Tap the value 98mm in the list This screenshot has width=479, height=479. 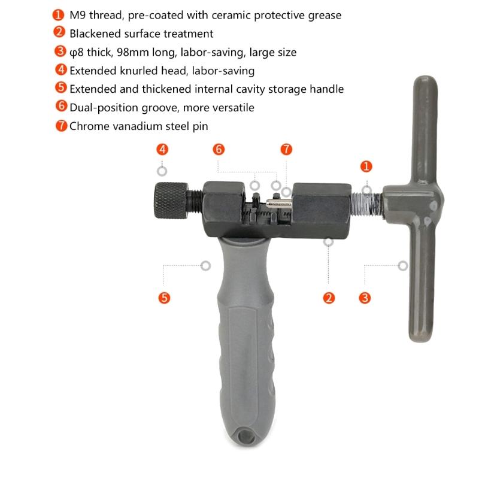pyautogui.click(x=135, y=52)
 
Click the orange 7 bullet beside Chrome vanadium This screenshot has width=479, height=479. pyautogui.click(x=62, y=126)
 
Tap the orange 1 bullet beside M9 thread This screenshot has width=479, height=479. pyautogui.click(x=59, y=14)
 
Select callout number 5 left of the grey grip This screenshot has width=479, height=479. pyautogui.click(x=164, y=298)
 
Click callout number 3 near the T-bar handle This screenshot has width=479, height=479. pyautogui.click(x=365, y=298)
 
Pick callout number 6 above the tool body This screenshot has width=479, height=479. pyautogui.click(x=219, y=149)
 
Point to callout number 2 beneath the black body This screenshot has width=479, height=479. pyautogui.click(x=329, y=298)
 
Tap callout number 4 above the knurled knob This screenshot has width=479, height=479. pyautogui.click(x=162, y=149)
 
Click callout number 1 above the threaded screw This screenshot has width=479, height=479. pyautogui.click(x=366, y=166)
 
